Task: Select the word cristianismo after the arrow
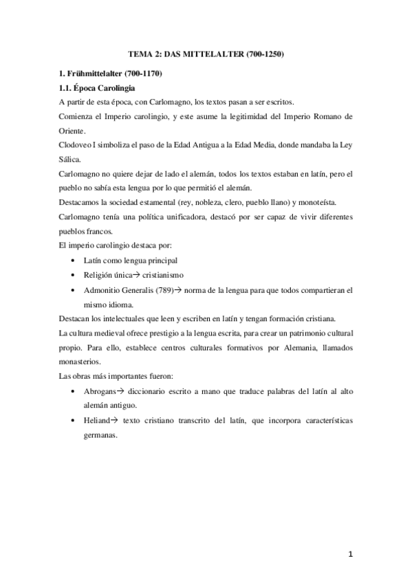(x=163, y=275)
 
